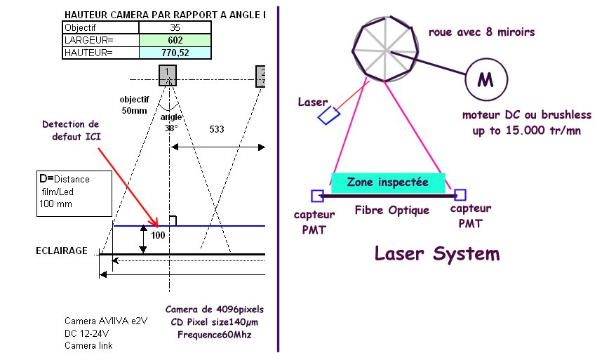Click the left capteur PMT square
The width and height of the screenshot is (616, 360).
[x=317, y=195]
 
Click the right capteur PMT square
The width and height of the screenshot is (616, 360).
[x=460, y=195]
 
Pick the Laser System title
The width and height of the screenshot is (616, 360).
[x=437, y=253]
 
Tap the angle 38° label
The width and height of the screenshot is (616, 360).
[x=170, y=123]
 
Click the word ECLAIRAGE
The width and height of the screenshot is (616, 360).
[x=62, y=250]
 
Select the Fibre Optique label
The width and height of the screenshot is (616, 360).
[x=391, y=210]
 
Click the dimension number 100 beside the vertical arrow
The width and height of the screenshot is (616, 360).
[x=158, y=236]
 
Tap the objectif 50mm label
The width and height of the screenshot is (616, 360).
[x=135, y=105]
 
